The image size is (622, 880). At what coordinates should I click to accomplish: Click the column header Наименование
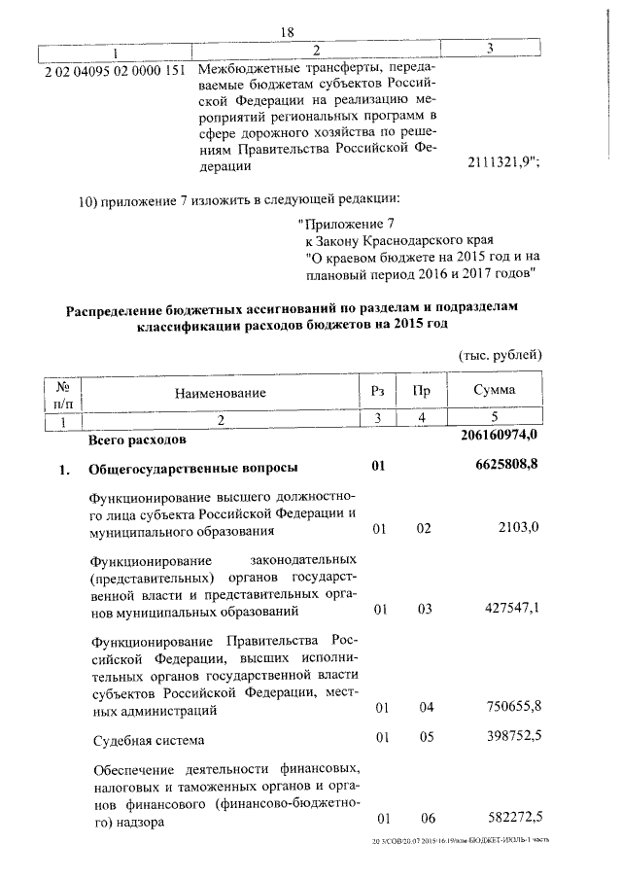[x=221, y=392]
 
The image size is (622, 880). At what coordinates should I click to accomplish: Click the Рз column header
[x=378, y=391]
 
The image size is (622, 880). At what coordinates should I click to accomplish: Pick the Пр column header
[x=422, y=391]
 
